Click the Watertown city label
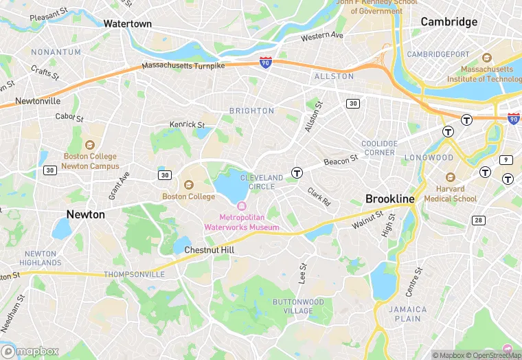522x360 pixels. click(127, 23)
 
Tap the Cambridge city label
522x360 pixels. click(449, 22)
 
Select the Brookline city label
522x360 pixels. click(389, 199)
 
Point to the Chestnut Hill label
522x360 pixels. click(209, 250)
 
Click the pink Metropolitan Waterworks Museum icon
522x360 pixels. click(241, 206)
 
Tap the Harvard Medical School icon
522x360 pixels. click(450, 177)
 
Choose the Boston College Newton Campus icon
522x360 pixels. click(90, 145)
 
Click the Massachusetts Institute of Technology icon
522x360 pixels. click(487, 58)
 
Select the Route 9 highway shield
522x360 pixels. click(507, 159)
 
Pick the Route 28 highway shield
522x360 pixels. click(478, 220)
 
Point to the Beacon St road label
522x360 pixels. click(341, 161)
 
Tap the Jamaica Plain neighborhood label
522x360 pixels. click(407, 314)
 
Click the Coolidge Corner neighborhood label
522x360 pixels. click(378, 148)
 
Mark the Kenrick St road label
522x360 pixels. click(187, 124)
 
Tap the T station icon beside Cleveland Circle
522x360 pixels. click(297, 172)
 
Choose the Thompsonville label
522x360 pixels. click(135, 274)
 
